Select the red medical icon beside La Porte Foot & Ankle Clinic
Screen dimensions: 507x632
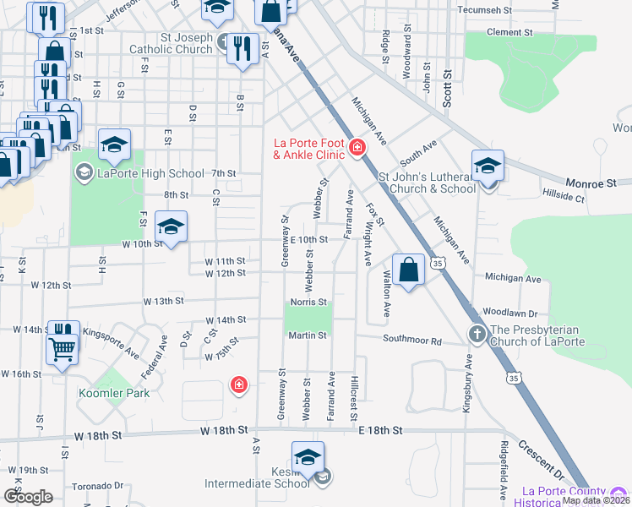[357, 149]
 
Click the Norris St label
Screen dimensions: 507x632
[309, 302]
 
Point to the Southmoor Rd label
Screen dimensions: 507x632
[412, 341]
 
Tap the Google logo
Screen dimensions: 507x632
[28, 496]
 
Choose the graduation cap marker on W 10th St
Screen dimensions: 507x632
[171, 227]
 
